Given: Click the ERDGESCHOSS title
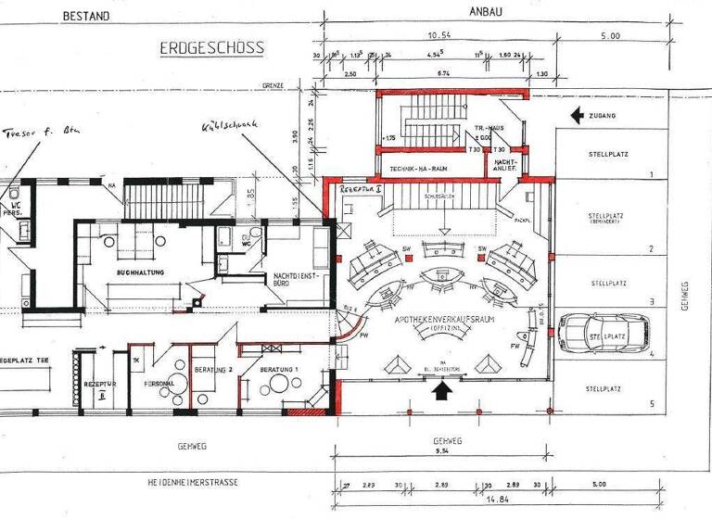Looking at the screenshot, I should coord(212,46).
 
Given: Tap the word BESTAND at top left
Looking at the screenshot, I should coord(85,16).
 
